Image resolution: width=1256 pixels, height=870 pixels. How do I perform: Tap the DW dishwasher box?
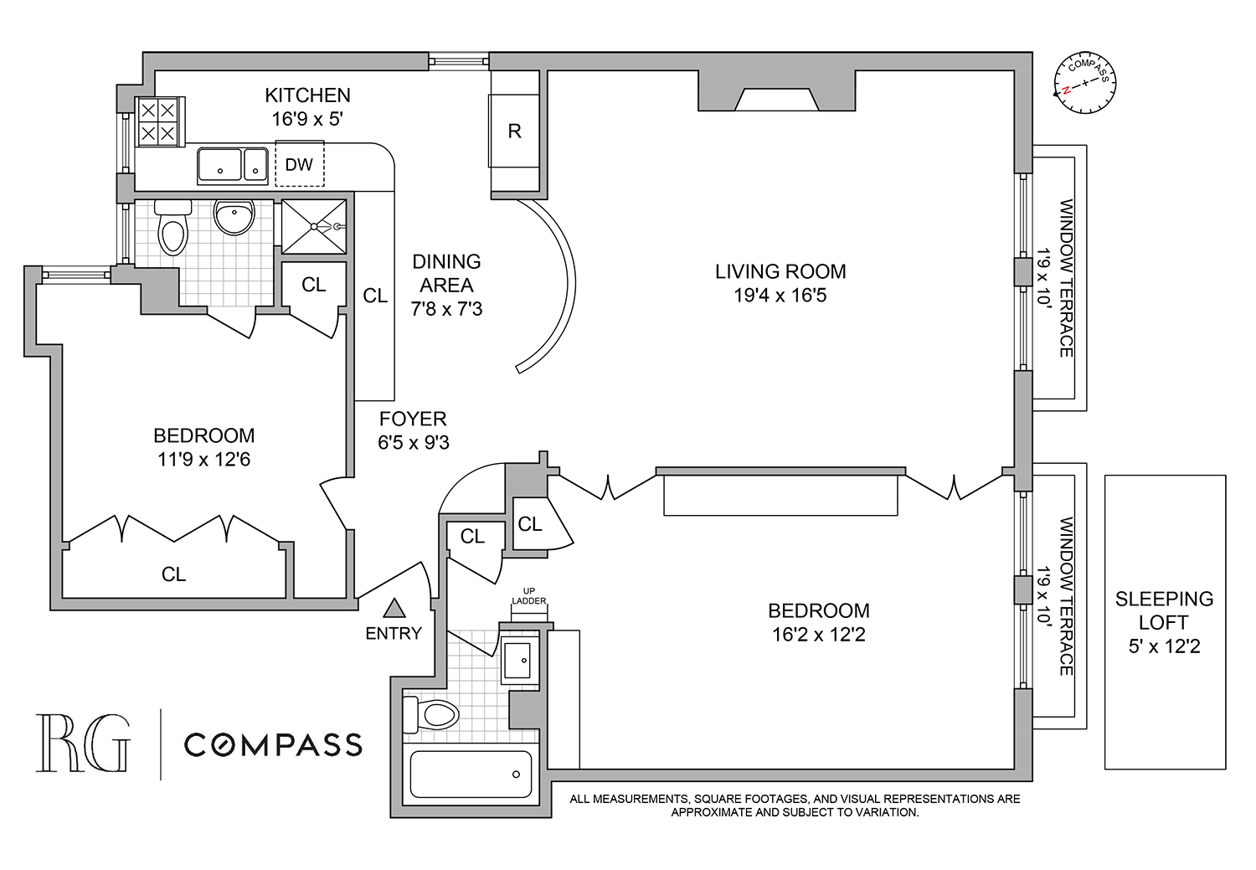pos(299,165)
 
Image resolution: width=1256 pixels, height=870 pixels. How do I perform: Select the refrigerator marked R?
pos(514,131)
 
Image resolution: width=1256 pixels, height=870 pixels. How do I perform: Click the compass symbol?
pos(1085,84)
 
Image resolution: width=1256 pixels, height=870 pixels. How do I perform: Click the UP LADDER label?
pos(529,596)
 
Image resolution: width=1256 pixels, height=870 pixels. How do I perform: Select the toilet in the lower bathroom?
pos(432,714)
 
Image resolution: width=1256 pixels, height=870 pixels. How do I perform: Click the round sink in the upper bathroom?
pos(234,218)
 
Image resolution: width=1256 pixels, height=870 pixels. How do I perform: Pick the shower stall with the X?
pos(313,225)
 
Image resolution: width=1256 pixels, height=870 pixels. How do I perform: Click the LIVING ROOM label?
pos(780,271)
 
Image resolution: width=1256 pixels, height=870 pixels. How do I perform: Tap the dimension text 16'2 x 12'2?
pos(818,635)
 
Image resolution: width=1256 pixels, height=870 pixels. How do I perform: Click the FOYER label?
pos(413,419)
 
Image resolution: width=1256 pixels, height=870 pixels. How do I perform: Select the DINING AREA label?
pos(446,273)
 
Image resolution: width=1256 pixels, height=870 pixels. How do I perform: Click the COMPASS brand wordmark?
pos(273,744)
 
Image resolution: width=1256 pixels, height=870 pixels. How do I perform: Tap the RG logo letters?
pos(82,744)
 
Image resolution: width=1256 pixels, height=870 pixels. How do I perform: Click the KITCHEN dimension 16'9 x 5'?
pos(307,119)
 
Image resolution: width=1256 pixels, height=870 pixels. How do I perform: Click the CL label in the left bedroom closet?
pos(173,574)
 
